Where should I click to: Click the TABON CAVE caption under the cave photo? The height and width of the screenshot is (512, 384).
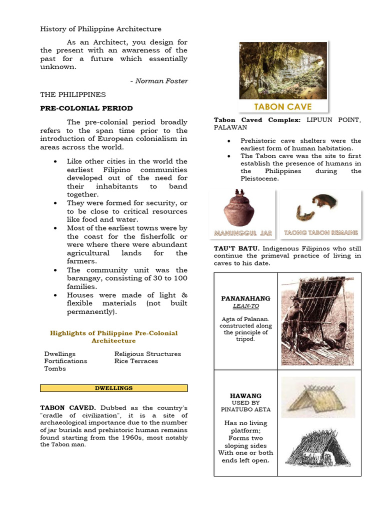tap(282, 106)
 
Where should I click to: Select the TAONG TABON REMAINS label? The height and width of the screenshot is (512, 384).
tap(320, 233)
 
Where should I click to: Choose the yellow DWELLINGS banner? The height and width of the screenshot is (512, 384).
tap(113, 388)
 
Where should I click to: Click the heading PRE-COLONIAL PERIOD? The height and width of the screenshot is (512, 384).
tap(86, 108)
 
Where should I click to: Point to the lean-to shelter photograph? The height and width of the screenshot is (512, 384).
tap(317, 321)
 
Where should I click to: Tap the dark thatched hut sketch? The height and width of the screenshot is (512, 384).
tap(318, 449)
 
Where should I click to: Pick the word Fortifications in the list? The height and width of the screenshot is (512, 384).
tap(65, 361)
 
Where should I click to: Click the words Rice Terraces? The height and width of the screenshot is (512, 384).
tap(136, 361)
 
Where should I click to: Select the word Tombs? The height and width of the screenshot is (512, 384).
tap(55, 369)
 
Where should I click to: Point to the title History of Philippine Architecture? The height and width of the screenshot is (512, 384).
tap(100, 29)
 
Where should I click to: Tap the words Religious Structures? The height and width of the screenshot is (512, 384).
tap(147, 353)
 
